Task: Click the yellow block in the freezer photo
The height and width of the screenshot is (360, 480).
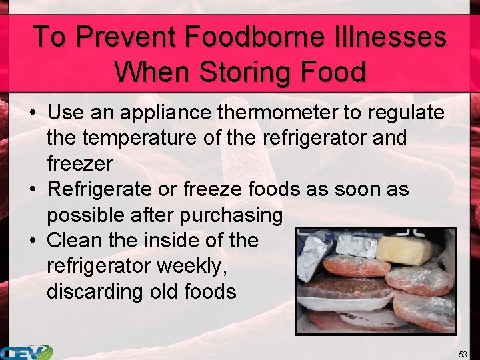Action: [404, 251]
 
